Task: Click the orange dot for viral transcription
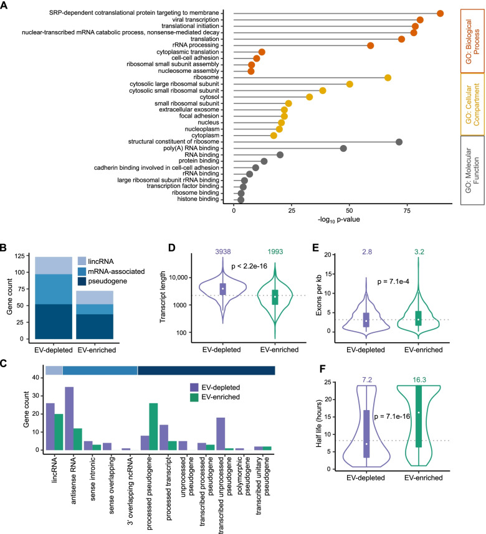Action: coord(420,20)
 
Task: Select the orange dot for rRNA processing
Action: coord(371,45)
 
